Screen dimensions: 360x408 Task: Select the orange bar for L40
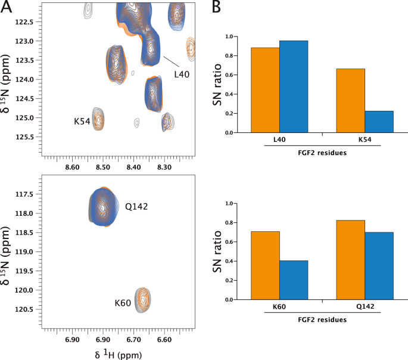[x=265, y=90]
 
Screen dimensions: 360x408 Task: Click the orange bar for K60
[x=265, y=265]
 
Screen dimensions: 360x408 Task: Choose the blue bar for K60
[x=294, y=280]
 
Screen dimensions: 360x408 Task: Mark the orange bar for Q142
[x=350, y=260]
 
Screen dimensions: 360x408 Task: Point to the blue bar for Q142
[x=379, y=266]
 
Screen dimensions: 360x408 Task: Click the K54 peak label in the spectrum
[x=82, y=121]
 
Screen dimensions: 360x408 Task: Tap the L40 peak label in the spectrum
[x=182, y=75]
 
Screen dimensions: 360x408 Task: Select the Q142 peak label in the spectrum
[x=136, y=207]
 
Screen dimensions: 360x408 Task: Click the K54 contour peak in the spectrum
[x=99, y=118]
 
